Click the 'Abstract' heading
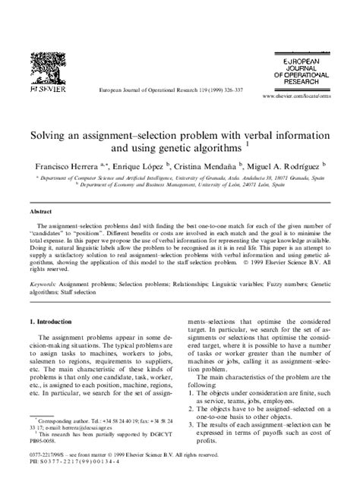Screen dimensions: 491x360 coord(41,212)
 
